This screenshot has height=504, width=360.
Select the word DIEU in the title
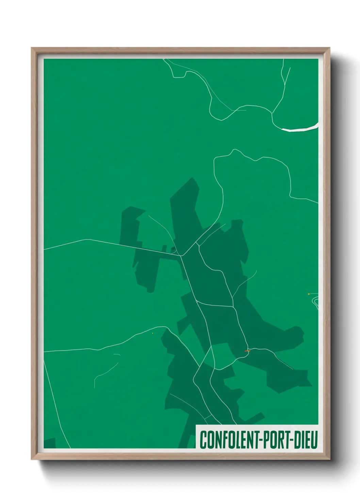[x=306, y=440]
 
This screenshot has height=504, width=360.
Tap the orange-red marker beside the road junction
[x=247, y=351]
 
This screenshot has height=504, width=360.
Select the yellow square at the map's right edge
[x=309, y=294]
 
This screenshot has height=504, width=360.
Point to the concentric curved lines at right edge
[x=316, y=302]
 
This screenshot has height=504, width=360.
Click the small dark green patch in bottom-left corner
[x=50, y=443]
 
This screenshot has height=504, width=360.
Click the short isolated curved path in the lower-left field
[x=105, y=371]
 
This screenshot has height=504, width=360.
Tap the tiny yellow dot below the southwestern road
[x=152, y=333]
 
